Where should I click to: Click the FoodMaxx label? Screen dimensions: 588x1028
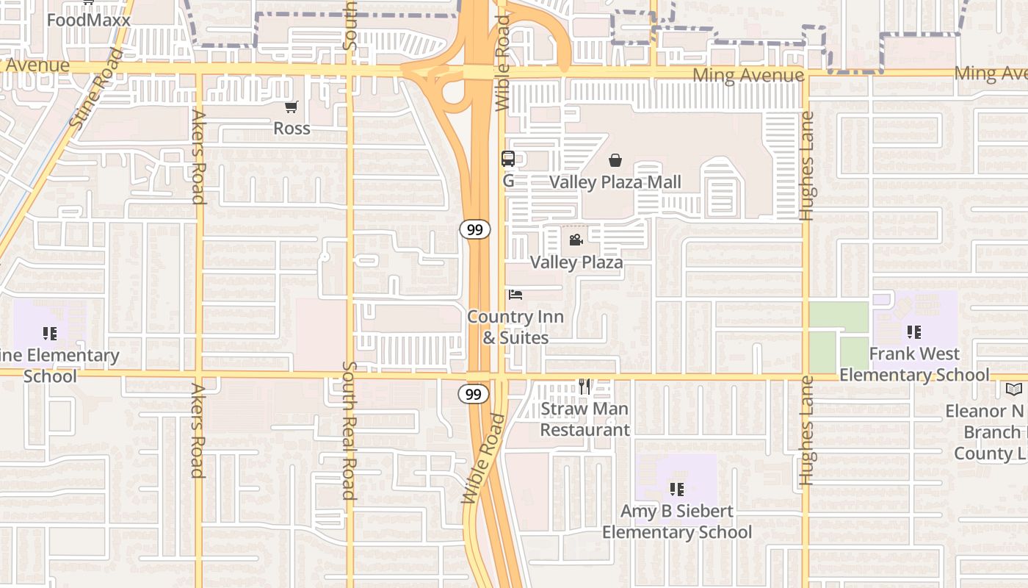click(x=88, y=20)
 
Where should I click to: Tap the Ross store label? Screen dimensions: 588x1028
click(x=292, y=129)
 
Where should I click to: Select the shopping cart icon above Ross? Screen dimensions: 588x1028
click(x=292, y=107)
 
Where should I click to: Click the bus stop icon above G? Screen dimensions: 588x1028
click(x=507, y=158)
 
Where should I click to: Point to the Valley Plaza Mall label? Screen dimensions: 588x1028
click(x=615, y=182)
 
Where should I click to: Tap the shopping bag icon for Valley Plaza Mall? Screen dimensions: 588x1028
click(x=615, y=160)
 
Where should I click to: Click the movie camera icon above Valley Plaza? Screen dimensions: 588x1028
click(x=576, y=240)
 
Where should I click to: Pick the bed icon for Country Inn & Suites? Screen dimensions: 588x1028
click(x=515, y=295)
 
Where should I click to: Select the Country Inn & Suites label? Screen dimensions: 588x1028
click(x=515, y=327)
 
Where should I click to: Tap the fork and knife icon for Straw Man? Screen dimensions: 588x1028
click(x=584, y=387)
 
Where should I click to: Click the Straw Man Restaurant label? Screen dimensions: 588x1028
click(x=584, y=419)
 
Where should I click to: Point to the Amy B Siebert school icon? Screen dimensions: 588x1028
click(x=677, y=489)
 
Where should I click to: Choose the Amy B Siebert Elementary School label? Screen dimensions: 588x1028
click(x=677, y=521)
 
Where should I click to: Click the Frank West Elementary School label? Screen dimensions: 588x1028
click(x=913, y=364)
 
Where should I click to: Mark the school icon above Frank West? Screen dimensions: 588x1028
click(x=913, y=332)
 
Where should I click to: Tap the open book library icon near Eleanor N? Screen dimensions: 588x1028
click(x=1014, y=389)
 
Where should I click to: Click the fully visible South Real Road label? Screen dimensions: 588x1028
click(x=349, y=430)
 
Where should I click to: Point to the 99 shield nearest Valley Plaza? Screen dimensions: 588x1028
click(x=475, y=230)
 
